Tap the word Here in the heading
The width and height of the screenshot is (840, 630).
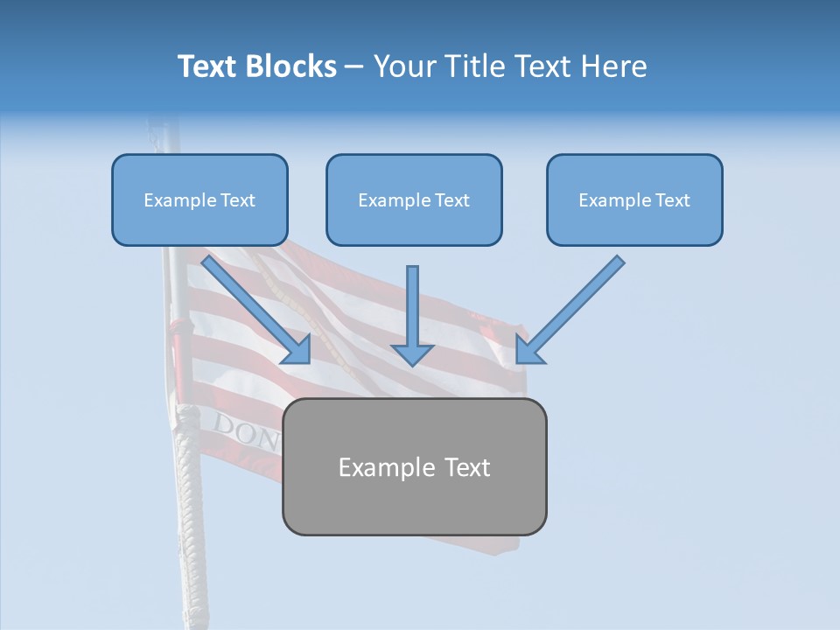(x=617, y=66)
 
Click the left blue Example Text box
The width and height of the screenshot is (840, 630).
(x=199, y=200)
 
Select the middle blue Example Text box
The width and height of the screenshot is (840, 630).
(x=414, y=200)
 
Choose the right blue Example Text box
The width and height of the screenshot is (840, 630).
(x=634, y=200)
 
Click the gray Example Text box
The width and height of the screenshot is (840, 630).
(x=414, y=467)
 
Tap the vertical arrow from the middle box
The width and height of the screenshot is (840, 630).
(x=412, y=306)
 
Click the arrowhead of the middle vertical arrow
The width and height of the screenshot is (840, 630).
(x=412, y=353)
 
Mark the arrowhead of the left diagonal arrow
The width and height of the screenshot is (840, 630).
(x=297, y=350)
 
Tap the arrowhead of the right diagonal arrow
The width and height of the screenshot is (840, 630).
(x=528, y=350)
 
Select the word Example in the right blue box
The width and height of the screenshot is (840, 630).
(x=611, y=200)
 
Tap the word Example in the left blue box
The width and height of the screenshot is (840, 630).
(x=176, y=200)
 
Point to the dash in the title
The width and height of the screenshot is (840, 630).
(x=354, y=66)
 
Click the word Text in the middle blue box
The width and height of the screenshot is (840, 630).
(x=451, y=200)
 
